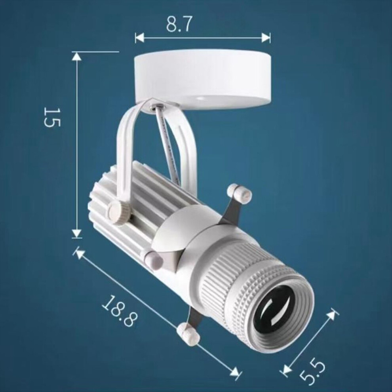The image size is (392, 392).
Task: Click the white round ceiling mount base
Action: click(203, 80)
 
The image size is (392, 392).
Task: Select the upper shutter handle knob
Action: click(239, 192)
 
